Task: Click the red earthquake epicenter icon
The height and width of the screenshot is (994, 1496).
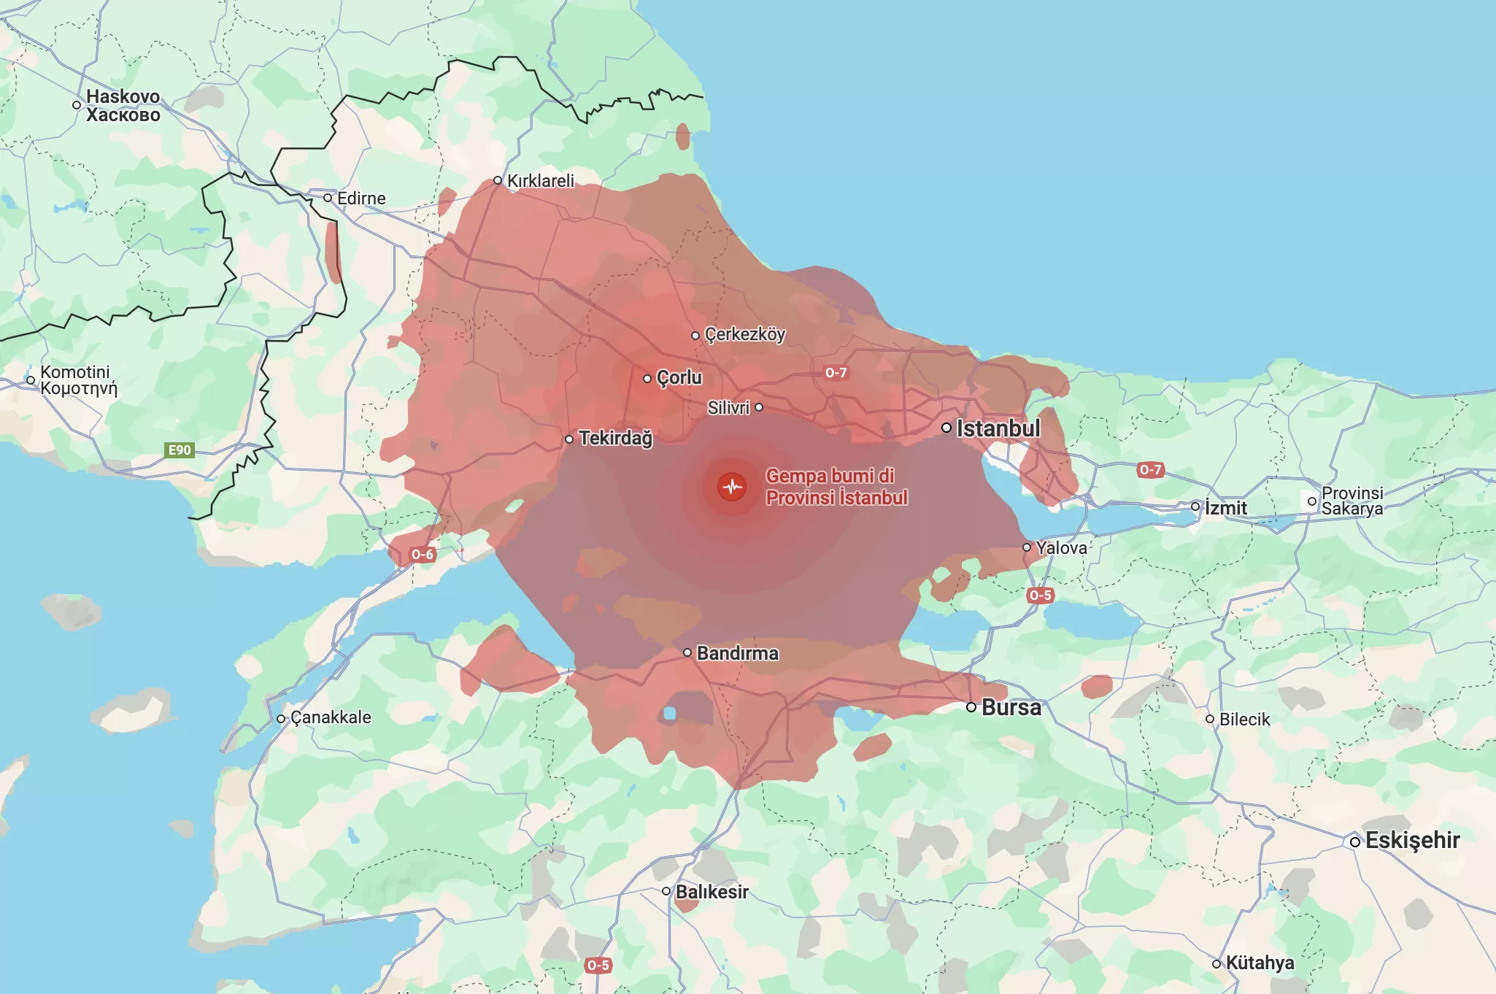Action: point(732,487)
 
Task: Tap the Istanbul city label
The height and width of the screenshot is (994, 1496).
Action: point(998,428)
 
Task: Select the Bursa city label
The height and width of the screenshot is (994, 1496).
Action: point(1011,707)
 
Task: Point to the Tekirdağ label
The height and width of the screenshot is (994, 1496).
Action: point(615,438)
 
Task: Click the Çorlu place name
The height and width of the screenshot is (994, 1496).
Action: point(679,378)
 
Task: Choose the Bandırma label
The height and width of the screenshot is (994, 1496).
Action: point(737,653)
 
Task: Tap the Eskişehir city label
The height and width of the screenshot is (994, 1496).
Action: point(1412,841)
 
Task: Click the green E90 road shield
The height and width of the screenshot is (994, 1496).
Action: point(180,450)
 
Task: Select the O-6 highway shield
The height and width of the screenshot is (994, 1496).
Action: point(423,555)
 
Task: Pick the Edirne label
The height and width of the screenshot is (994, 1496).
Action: point(361,199)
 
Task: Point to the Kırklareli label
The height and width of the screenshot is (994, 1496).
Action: point(540,181)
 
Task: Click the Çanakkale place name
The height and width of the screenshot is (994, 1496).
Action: point(331,718)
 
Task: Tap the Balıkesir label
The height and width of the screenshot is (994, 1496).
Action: point(712,892)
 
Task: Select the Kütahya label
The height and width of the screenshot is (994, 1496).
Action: point(1260,963)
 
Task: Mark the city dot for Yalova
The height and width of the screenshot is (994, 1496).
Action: point(1027,547)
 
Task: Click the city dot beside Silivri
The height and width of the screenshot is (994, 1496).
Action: point(759,407)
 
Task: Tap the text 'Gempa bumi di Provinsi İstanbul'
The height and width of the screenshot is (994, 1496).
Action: point(836,487)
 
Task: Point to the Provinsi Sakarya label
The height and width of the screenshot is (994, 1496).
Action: point(1352,501)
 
